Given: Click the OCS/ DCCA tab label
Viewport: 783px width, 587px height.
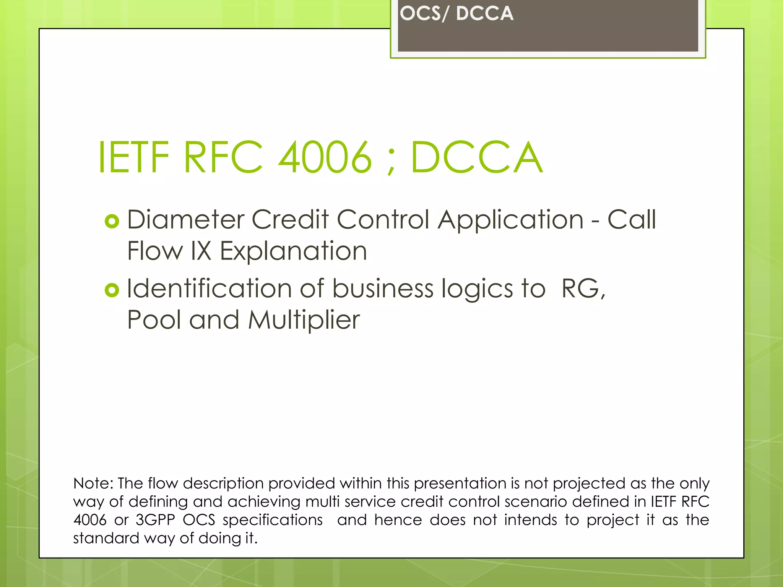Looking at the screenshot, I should [x=456, y=14].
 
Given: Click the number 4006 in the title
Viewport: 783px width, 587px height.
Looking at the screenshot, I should [x=325, y=157].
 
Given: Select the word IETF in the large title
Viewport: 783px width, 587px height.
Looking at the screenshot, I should [x=133, y=157].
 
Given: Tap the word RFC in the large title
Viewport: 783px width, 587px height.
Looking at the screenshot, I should [x=223, y=157].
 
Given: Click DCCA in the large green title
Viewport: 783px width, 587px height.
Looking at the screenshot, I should [x=476, y=157].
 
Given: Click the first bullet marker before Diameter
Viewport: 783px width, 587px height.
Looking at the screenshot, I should [x=112, y=221].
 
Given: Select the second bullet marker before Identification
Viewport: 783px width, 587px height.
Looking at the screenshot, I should [x=112, y=290].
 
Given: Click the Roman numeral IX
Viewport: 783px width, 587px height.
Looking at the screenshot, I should [x=201, y=251].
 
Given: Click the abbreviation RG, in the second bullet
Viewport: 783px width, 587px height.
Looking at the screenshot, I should [x=583, y=289].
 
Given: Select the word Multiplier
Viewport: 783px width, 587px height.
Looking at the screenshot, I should [x=304, y=320].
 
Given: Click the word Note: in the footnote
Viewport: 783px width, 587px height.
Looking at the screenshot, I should [x=93, y=483].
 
